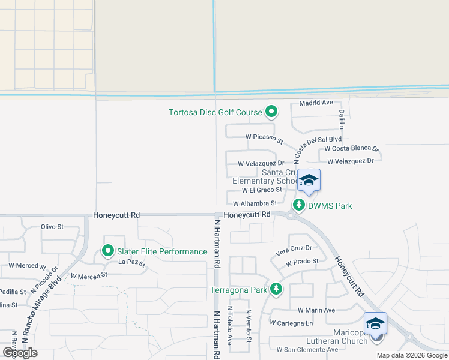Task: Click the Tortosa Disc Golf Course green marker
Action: tap(271, 112)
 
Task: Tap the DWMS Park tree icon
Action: tap(298, 205)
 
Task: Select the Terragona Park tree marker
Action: tap(276, 290)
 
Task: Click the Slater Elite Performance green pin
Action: tap(109, 251)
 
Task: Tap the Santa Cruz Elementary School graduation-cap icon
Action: tap(309, 181)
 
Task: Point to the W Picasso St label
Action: tap(264, 138)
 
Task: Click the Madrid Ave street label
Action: tap(316, 103)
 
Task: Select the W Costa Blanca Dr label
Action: tap(352, 148)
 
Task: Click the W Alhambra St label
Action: tap(255, 204)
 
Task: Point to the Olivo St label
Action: tap(52, 227)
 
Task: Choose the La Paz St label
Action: tap(133, 262)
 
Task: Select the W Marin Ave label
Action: tap(316, 310)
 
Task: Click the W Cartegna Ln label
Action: tap(292, 323)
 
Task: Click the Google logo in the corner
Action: tap(20, 353)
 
